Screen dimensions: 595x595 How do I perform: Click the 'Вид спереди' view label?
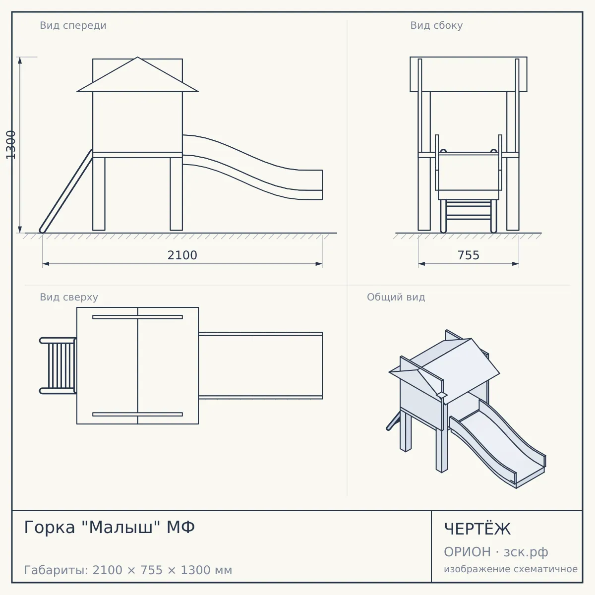point(73,25)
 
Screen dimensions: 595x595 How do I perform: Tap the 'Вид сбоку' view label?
point(436,25)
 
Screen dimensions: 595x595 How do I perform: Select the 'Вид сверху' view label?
point(69,297)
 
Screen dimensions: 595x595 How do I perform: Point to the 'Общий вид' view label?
point(396,297)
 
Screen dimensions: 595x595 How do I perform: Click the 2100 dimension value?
point(182,255)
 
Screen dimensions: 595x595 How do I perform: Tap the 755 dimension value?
point(469,255)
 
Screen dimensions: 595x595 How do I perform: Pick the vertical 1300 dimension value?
point(11,145)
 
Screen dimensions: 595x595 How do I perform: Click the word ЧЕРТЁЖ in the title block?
point(477,529)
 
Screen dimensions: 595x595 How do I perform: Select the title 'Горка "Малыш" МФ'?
point(109,527)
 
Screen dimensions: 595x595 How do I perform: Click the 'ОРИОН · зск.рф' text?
point(496,552)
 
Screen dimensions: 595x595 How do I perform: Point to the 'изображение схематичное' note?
point(511,569)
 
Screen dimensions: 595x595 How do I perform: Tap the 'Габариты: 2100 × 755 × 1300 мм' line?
point(128,570)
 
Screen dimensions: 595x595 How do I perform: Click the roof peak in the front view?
point(138,57)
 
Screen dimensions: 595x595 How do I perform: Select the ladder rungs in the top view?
point(61,366)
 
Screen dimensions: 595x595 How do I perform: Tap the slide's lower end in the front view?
point(322,184)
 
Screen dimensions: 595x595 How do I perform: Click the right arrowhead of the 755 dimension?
point(515,264)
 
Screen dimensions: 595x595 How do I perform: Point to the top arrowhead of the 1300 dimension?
point(20,60)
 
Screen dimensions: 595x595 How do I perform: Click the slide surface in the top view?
point(260,366)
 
